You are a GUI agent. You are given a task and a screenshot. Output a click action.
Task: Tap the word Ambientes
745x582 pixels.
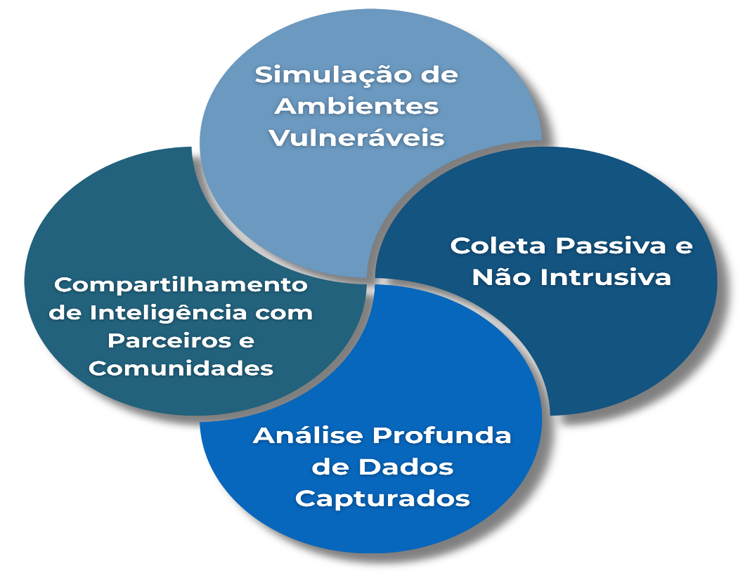click(x=356, y=106)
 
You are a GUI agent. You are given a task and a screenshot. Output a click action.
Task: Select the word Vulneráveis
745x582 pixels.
click(x=356, y=138)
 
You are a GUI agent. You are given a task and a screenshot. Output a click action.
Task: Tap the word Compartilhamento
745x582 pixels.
click(x=181, y=285)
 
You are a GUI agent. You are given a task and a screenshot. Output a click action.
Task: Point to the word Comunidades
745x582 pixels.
click(x=181, y=368)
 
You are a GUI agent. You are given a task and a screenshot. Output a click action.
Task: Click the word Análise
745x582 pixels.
click(x=306, y=436)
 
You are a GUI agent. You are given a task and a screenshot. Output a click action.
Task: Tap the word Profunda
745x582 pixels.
click(x=441, y=436)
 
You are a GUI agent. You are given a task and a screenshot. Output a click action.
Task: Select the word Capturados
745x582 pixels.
click(x=382, y=498)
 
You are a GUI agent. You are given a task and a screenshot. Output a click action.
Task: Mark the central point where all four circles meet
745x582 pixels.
click(x=371, y=280)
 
